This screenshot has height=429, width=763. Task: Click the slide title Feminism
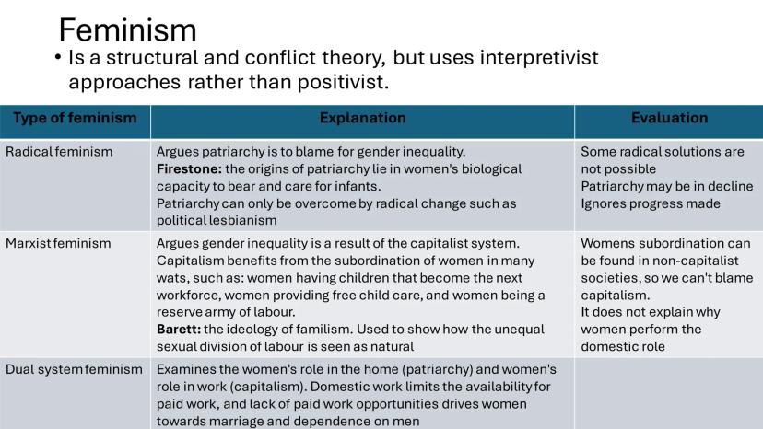pos(127,30)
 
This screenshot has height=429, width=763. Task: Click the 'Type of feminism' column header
pos(75,118)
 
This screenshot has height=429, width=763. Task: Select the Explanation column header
pos(362,118)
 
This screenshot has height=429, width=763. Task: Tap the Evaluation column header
pos(670,118)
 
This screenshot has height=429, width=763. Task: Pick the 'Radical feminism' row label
pos(59,152)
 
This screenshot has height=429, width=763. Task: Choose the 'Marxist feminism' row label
pos(58,243)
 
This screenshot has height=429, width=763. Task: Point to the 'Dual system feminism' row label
pos(74,370)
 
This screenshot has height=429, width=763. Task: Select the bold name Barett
pos(179,330)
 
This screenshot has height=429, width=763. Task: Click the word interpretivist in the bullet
pos(539,57)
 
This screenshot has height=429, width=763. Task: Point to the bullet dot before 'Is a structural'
pos(58,57)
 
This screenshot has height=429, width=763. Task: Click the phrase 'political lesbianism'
pos(217,221)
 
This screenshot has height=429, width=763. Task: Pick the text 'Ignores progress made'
pos(651,203)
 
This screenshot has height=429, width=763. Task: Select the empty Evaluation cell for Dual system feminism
pos(669,393)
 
